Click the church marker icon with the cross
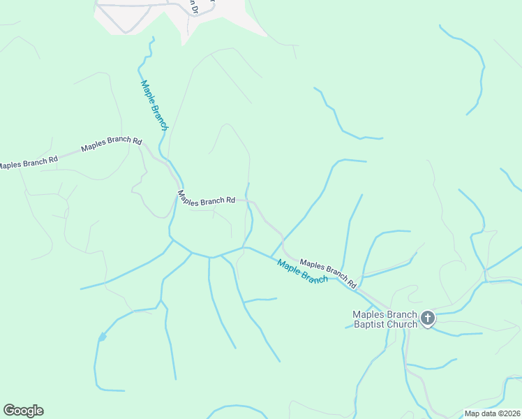(428, 319)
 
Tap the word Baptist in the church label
(370, 324)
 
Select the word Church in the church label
(403, 324)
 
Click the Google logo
(23, 411)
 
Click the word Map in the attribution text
(472, 413)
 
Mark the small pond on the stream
(103, 337)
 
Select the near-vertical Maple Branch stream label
(154, 105)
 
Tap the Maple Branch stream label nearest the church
(302, 271)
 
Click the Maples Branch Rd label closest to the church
(328, 274)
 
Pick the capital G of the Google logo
(8, 411)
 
